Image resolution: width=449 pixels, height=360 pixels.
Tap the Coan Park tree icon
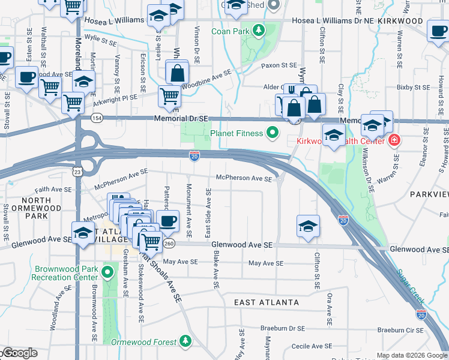point(259,29)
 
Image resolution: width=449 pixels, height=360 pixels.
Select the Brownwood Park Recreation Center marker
point(108,274)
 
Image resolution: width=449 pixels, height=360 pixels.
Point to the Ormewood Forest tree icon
point(185,341)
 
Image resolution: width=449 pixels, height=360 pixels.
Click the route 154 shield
point(96,119)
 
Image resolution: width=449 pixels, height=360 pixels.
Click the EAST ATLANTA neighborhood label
point(267,302)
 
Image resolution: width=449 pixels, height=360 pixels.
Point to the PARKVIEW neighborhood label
point(429,194)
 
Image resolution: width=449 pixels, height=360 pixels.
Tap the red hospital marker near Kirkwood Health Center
point(394,141)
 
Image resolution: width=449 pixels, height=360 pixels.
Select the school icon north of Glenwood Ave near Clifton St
point(308,226)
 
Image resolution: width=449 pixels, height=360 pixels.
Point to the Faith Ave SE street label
point(53,189)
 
